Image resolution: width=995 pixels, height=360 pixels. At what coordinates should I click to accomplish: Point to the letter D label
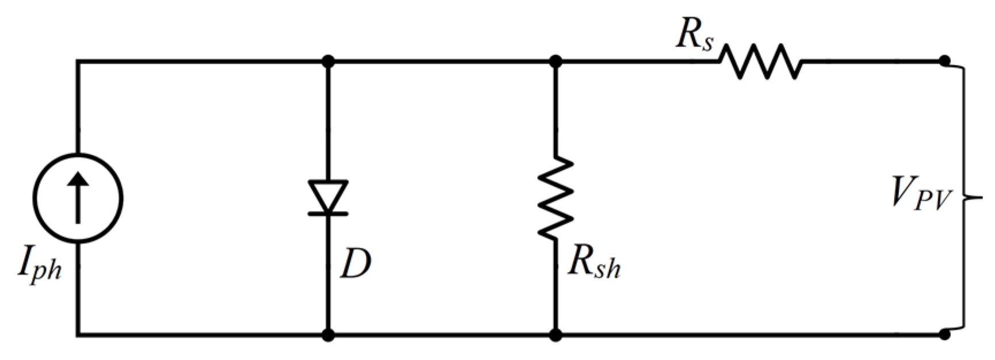pos(355,264)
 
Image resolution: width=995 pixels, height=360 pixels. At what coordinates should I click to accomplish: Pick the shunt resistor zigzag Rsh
pos(556,197)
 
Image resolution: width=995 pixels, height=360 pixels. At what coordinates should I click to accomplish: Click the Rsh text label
pos(594,264)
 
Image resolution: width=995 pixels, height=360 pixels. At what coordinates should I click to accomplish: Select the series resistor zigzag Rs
pos(760,61)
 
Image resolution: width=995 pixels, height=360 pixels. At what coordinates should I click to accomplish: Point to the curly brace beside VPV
pos(966,197)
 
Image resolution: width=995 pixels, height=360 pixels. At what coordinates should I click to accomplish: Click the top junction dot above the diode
pos(328,61)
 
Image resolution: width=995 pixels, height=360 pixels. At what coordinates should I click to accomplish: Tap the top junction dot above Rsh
pos(556,61)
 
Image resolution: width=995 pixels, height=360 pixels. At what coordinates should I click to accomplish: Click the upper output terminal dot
pos(944,60)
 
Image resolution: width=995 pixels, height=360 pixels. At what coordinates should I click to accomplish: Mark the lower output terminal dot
pos(944,334)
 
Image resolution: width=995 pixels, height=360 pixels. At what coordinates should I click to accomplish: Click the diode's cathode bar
pos(328,213)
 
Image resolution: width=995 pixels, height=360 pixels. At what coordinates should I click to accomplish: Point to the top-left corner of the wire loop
pos(78,61)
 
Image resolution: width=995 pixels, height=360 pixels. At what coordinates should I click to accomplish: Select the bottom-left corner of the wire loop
pos(78,334)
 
